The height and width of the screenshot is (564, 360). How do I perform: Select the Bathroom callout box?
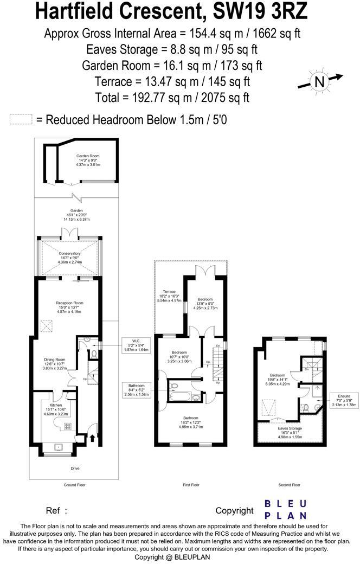pos(136,390)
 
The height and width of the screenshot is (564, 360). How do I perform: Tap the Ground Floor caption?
pos(74,485)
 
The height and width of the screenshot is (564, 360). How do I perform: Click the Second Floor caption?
pos(288,485)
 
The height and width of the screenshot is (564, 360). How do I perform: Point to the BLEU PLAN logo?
pos(285,510)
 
